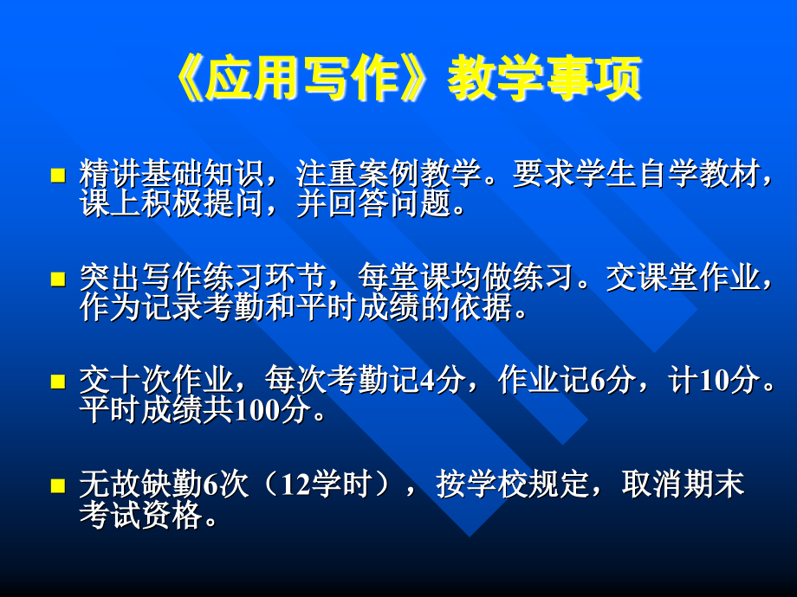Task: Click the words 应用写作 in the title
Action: [302, 78]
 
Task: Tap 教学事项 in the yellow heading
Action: [544, 78]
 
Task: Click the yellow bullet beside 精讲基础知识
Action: [58, 175]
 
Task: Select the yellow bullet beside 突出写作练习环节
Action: [58, 279]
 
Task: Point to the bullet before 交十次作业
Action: [58, 382]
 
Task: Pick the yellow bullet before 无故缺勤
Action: [58, 485]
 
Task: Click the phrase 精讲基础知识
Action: [172, 174]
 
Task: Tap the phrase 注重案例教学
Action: [389, 174]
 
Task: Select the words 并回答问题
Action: [373, 204]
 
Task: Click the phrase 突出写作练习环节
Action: [203, 278]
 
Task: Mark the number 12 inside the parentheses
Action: [295, 485]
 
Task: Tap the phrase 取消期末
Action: [683, 484]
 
